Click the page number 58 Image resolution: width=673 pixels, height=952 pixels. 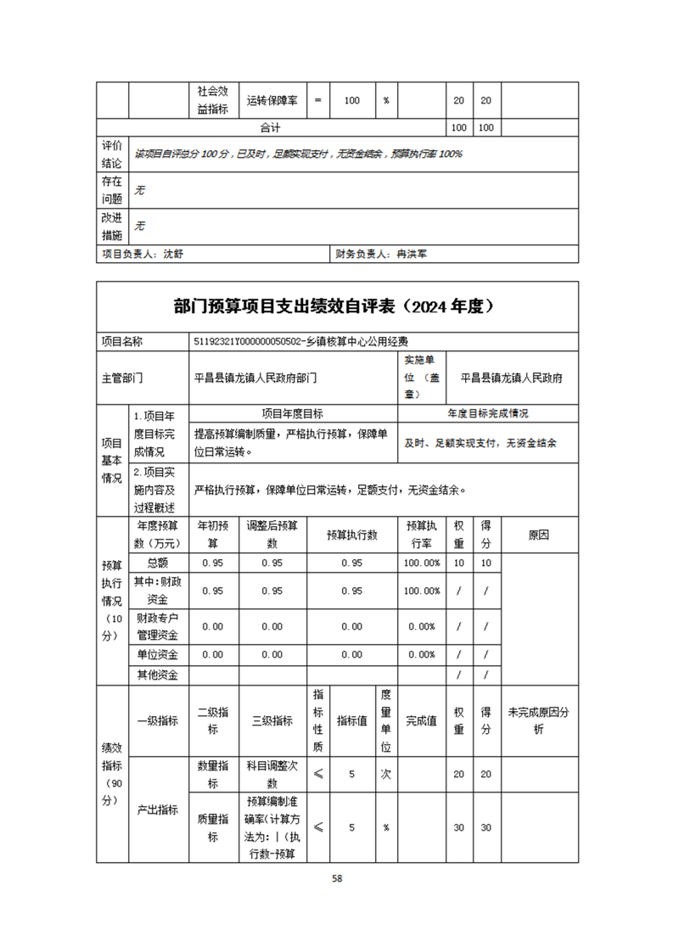(x=337, y=878)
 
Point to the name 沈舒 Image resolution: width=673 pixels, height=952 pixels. (x=172, y=254)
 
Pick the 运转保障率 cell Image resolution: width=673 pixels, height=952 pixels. (x=272, y=100)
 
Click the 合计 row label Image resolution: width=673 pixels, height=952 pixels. (x=271, y=128)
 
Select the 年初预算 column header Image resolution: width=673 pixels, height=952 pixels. (x=213, y=535)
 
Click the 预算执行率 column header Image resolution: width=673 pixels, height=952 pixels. (x=423, y=535)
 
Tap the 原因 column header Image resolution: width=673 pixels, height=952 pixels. (x=539, y=535)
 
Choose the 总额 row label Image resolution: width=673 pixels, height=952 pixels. (x=158, y=563)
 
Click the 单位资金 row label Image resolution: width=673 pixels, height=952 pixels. (x=158, y=654)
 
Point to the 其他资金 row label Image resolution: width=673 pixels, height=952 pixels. (x=158, y=675)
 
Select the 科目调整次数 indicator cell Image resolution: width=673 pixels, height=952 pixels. (x=272, y=774)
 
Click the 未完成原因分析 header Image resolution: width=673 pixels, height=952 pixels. (x=539, y=720)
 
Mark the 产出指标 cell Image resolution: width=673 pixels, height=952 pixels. (x=158, y=809)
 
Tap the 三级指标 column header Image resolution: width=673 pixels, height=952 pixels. (x=272, y=720)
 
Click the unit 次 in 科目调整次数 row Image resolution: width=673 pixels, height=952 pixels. (x=385, y=774)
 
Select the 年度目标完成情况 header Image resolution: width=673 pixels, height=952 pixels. (x=487, y=414)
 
